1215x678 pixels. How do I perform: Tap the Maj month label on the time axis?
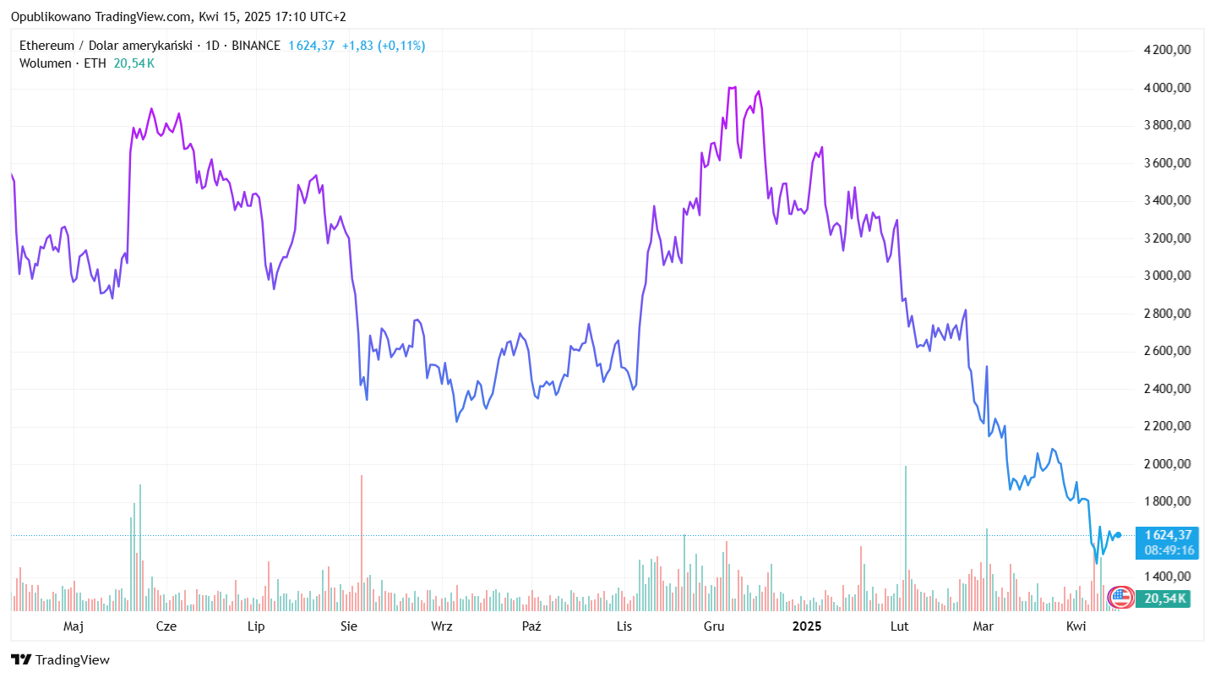[x=74, y=626]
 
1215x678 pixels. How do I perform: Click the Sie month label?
[x=348, y=626]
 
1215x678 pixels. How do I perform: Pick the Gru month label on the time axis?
[x=714, y=626]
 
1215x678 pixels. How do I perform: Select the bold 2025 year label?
[x=806, y=626]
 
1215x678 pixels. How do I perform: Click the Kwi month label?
[x=1076, y=626]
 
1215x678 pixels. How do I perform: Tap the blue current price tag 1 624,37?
[x=1168, y=534]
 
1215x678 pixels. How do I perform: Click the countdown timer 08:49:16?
[x=1168, y=550]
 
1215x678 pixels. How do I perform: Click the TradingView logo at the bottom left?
[x=60, y=660]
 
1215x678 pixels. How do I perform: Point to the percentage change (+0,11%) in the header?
[x=401, y=46]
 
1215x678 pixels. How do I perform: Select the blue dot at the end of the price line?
[x=1119, y=535]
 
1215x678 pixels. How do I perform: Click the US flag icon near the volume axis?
[x=1120, y=597]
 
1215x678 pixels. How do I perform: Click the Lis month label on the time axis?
[x=624, y=626]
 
